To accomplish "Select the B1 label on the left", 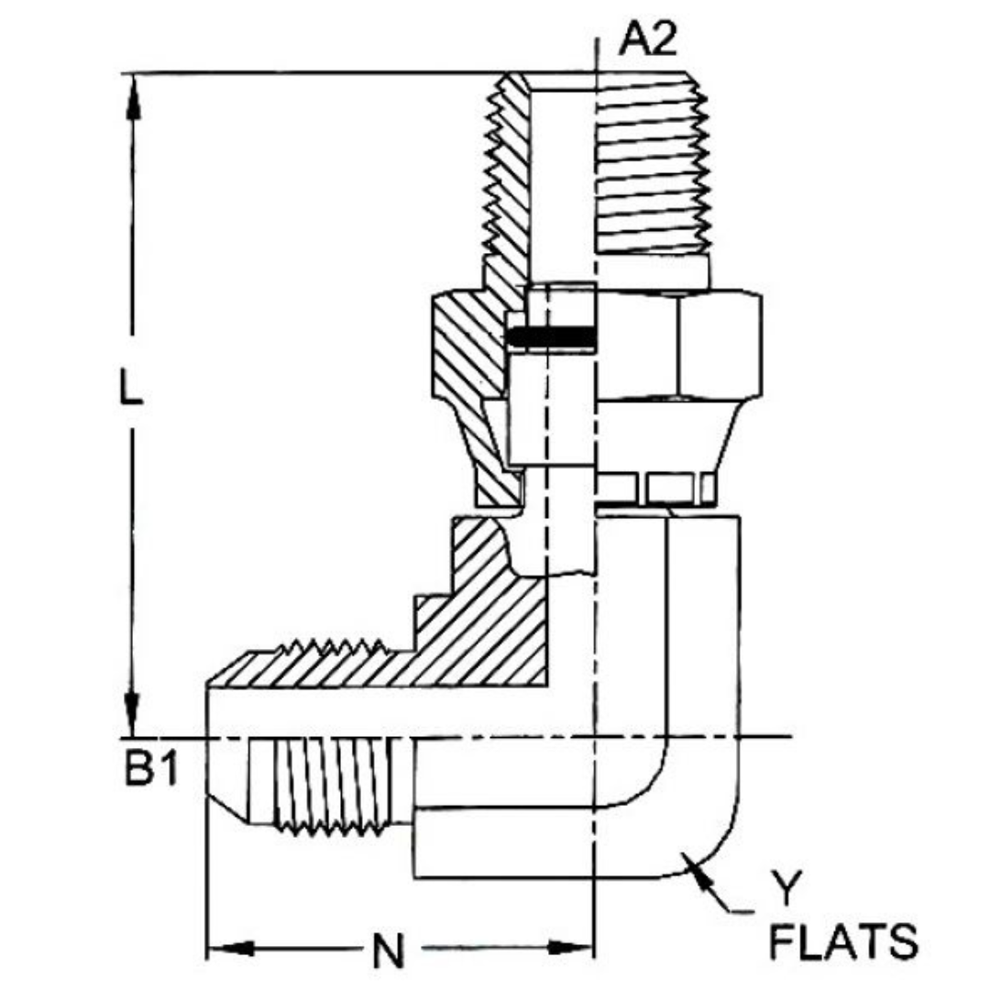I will [150, 770].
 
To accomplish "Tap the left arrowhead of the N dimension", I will [229, 947].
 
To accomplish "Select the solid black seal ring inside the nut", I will [550, 338].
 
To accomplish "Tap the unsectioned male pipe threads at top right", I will [653, 174].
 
